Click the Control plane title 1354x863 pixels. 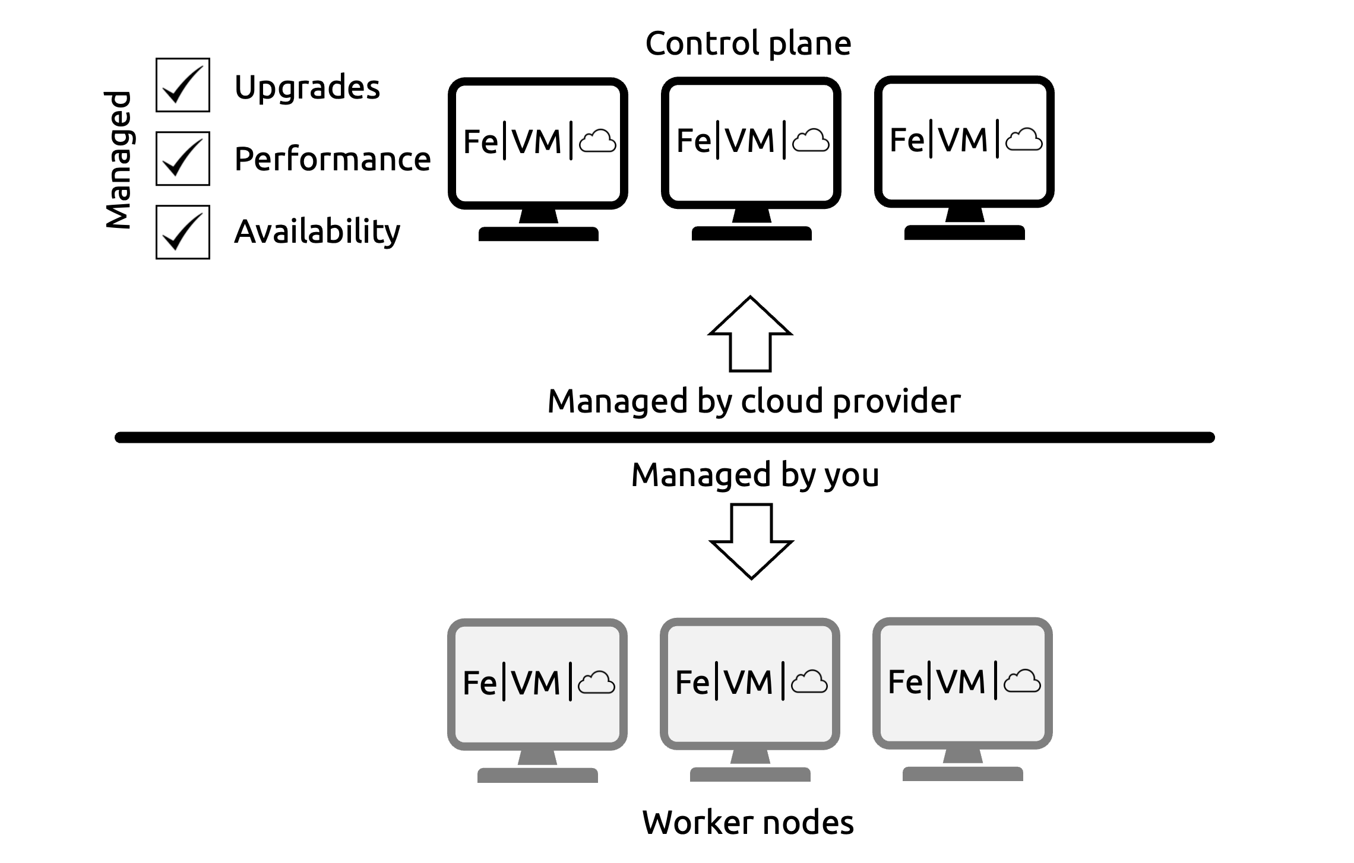(x=748, y=43)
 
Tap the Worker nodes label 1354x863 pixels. (x=748, y=823)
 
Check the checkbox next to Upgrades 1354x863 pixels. (x=183, y=85)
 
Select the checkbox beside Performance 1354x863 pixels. (x=183, y=158)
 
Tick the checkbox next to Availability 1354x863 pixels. (x=183, y=232)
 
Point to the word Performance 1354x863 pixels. (x=333, y=159)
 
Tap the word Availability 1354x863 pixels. (x=317, y=231)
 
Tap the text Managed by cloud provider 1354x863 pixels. (x=754, y=402)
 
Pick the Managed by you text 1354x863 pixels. (x=755, y=475)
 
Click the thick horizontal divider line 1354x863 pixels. (x=665, y=437)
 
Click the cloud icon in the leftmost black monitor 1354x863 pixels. (x=597, y=142)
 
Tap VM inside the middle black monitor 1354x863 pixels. (x=750, y=141)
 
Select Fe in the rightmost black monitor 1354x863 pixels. (x=907, y=140)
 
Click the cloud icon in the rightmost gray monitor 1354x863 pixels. (x=1022, y=681)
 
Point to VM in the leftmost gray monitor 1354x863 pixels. (x=536, y=683)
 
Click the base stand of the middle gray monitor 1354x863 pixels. (x=750, y=774)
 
